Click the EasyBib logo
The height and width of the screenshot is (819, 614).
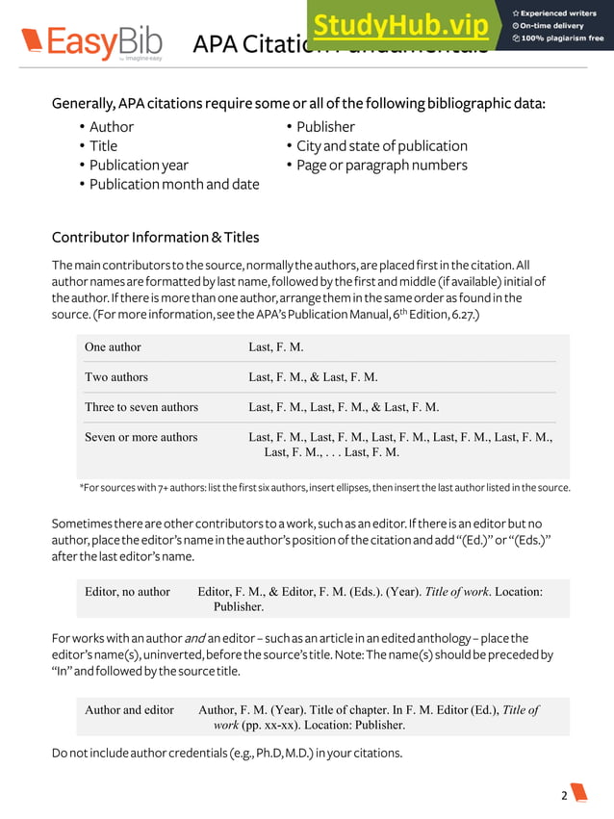coord(91,43)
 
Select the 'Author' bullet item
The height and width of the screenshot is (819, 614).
coord(112,127)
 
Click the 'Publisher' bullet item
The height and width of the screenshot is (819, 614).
coord(325,127)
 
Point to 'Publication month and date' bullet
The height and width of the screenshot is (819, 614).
coord(174,184)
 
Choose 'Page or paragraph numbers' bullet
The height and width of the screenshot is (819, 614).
coord(381,165)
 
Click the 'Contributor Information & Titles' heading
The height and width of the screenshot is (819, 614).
coord(155,237)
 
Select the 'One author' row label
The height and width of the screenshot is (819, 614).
coord(113,347)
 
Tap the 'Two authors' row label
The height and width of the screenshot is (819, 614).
coord(116,377)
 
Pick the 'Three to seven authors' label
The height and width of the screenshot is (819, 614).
coord(141,407)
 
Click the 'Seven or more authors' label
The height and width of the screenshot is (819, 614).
coord(141,437)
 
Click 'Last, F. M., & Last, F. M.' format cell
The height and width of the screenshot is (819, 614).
coord(313,377)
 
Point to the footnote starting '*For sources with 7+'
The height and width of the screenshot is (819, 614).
coord(324,488)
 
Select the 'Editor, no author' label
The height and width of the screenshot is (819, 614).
coord(128,592)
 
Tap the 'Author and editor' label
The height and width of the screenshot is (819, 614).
coord(130,710)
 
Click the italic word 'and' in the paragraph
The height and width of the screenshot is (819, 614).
coord(194,638)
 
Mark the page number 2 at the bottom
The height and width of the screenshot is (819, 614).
coord(565,795)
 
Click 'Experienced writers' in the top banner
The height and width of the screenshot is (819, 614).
coord(560,13)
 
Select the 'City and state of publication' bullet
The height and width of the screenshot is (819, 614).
coord(381,146)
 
